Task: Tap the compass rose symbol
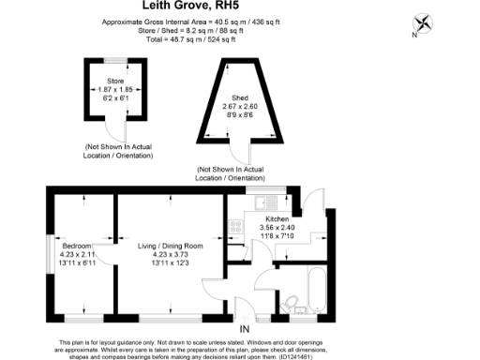click(424, 23)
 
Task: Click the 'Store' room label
click(115, 81)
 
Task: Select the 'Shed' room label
click(240, 97)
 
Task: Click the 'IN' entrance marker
click(245, 330)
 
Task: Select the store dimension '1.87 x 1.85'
click(115, 90)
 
